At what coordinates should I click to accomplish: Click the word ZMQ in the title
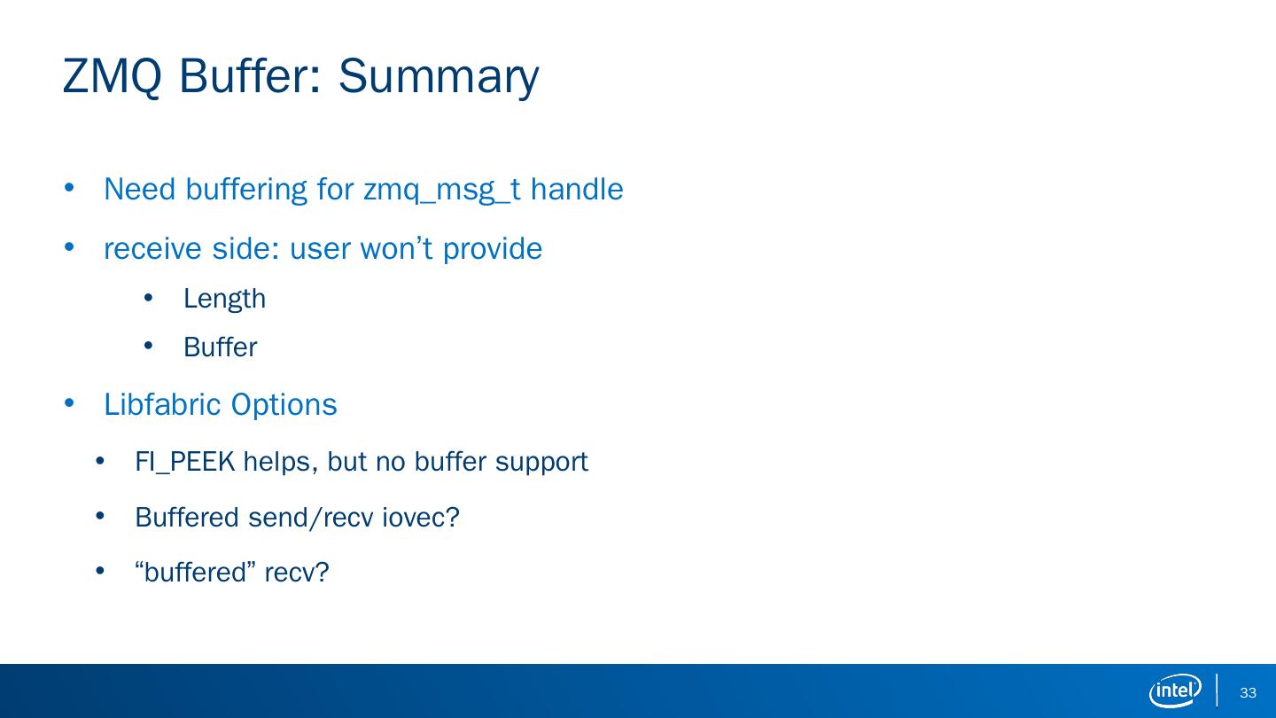pos(113,76)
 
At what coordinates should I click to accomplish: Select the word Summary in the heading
pos(439,78)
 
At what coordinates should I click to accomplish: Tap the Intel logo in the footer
pos(1175,691)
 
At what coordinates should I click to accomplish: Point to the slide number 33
pos(1248,692)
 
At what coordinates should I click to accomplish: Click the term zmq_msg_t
pos(442,190)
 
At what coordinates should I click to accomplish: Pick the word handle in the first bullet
pos(577,189)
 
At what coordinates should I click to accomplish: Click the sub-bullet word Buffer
pos(220,347)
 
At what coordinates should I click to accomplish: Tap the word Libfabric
pos(162,404)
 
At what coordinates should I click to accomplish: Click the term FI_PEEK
pos(185,462)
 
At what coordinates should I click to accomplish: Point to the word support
pos(541,463)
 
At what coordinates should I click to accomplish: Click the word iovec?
pos(420,518)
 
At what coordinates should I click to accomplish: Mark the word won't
pos(396,248)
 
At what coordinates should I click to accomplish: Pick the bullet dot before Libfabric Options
pos(69,403)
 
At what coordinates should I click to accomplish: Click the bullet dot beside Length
pos(149,298)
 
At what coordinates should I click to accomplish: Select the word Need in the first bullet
pos(140,189)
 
